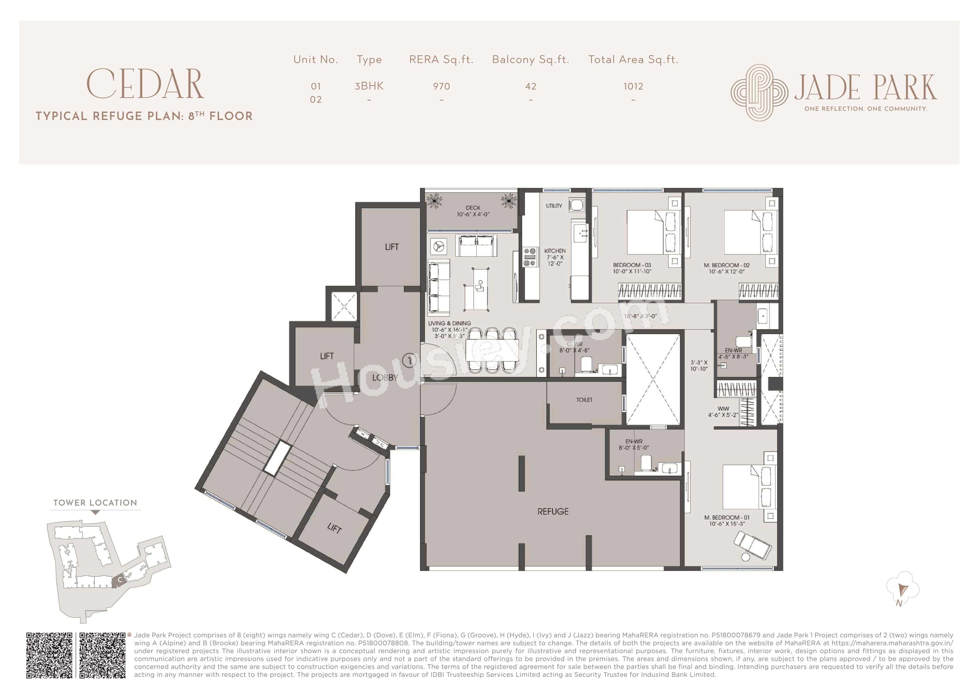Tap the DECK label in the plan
[473, 208]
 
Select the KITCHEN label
[555, 251]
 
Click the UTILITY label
[554, 206]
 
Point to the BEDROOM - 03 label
[632, 265]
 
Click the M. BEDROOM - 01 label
[727, 517]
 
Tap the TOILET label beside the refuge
[584, 399]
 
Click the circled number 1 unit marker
[409, 361]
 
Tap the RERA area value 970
[441, 86]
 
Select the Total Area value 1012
[633, 86]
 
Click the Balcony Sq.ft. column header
[530, 59]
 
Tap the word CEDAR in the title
[145, 84]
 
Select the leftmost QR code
[49, 655]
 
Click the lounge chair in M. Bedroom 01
[752, 546]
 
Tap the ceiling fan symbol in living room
[439, 246]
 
